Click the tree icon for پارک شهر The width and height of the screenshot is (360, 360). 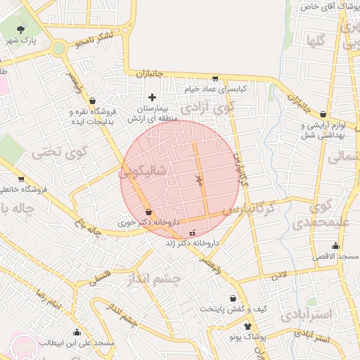coord(22,30)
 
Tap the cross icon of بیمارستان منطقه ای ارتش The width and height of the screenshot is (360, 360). coord(152,96)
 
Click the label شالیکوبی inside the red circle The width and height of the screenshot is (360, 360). coord(143,171)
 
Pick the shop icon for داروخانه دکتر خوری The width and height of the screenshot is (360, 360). coord(148,212)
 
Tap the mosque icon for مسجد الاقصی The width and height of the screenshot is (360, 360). coord(335,245)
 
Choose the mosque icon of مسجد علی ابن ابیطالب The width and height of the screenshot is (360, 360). coord(76,333)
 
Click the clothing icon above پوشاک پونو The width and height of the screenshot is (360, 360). coord(247,326)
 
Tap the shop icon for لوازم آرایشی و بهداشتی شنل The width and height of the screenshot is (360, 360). coord(323,114)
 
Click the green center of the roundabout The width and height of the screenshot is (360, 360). coord(58,48)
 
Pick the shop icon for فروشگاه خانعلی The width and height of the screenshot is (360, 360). coord(21,179)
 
